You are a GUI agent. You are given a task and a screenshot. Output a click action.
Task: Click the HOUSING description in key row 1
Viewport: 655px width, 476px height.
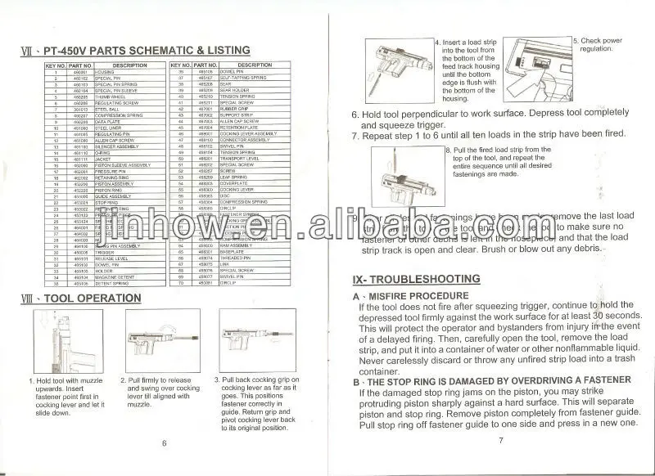pos(107,73)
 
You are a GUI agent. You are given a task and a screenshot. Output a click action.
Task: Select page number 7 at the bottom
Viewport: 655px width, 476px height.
pos(499,442)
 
